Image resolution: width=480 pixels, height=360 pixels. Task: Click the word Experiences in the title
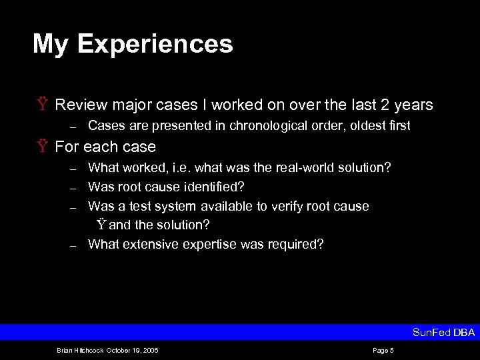155,45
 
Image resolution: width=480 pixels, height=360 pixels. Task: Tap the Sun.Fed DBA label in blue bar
443,332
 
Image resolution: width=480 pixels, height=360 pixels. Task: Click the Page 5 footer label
383,350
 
